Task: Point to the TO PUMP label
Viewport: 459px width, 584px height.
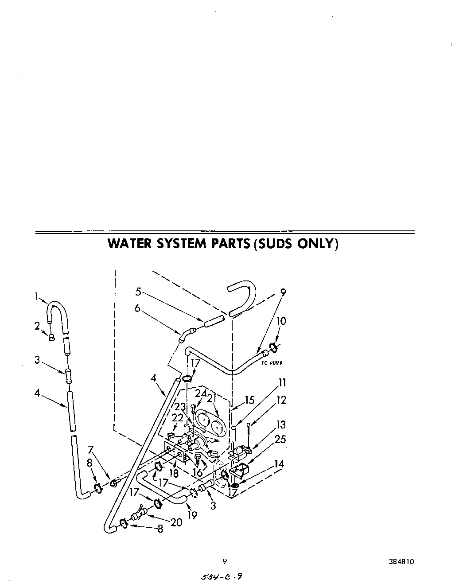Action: coord(272,363)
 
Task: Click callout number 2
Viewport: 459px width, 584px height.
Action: coord(37,326)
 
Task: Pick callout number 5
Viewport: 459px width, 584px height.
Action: coord(138,292)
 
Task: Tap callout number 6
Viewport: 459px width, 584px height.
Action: coord(137,308)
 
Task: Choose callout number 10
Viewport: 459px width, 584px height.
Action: coord(281,321)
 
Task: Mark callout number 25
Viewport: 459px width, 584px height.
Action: coord(280,439)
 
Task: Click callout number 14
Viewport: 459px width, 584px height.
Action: coord(279,464)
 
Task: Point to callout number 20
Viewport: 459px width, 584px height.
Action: coord(176,522)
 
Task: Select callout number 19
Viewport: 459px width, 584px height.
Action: coord(191,515)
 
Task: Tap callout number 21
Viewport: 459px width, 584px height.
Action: coord(213,399)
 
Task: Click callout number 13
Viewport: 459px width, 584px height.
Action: coord(280,425)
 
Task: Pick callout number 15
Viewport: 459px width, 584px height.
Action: coord(249,400)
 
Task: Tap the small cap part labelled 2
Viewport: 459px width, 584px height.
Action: coord(51,338)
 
